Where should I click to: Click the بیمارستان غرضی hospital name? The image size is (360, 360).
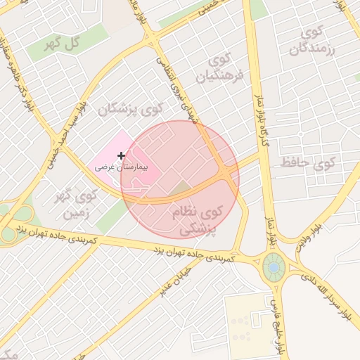click(x=114, y=168)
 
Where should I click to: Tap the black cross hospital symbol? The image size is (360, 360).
click(x=122, y=155)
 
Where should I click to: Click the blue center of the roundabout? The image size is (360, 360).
click(x=273, y=267)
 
